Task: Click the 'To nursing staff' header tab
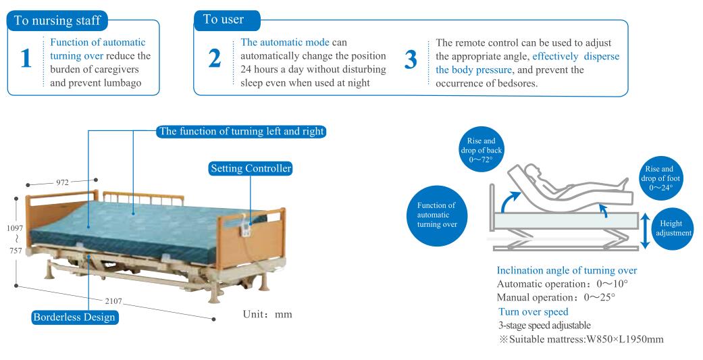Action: (57, 20)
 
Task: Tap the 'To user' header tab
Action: (224, 20)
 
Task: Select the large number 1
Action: (26, 59)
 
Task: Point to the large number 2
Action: (215, 59)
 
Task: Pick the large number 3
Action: (411, 60)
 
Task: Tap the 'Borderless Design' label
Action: (75, 317)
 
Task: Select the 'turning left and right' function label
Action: (242, 131)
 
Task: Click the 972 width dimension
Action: (62, 182)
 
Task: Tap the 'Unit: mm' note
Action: (267, 314)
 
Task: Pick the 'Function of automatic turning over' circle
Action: (436, 214)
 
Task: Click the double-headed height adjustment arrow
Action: (645, 230)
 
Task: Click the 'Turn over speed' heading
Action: (533, 311)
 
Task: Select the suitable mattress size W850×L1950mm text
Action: (581, 338)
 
